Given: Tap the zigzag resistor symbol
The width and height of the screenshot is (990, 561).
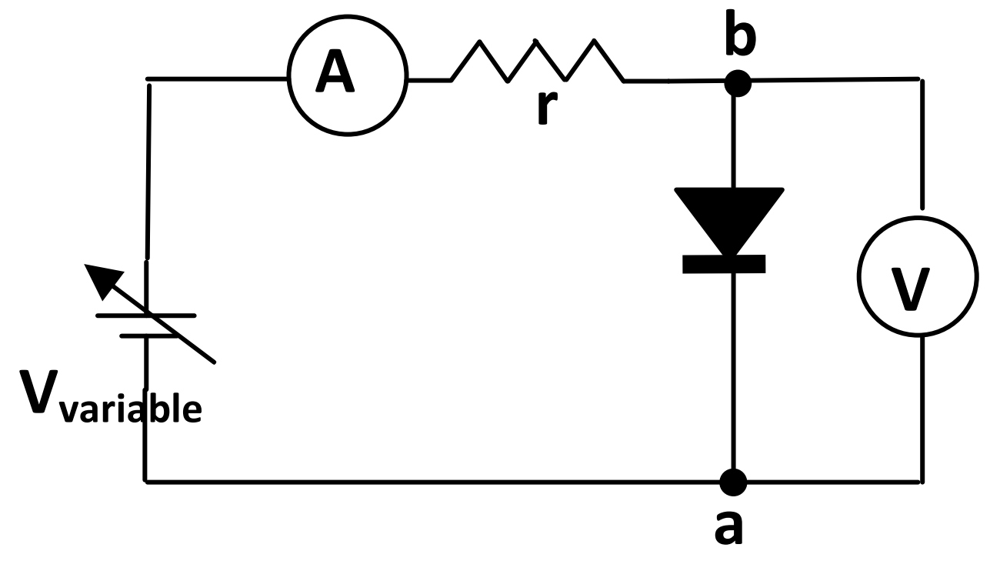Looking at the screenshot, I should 537,61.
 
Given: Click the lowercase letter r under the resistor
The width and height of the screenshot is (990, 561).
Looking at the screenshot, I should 545,109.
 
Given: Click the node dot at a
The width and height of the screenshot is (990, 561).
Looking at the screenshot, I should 734,483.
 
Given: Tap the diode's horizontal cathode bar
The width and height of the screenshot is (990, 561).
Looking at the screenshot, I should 724,264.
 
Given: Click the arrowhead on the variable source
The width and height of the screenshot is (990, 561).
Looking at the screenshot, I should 102,280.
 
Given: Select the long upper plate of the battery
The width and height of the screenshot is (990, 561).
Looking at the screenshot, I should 146,316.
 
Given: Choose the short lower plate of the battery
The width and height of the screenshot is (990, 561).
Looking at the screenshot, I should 145,336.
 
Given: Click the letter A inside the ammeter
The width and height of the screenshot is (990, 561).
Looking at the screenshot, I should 336,75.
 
